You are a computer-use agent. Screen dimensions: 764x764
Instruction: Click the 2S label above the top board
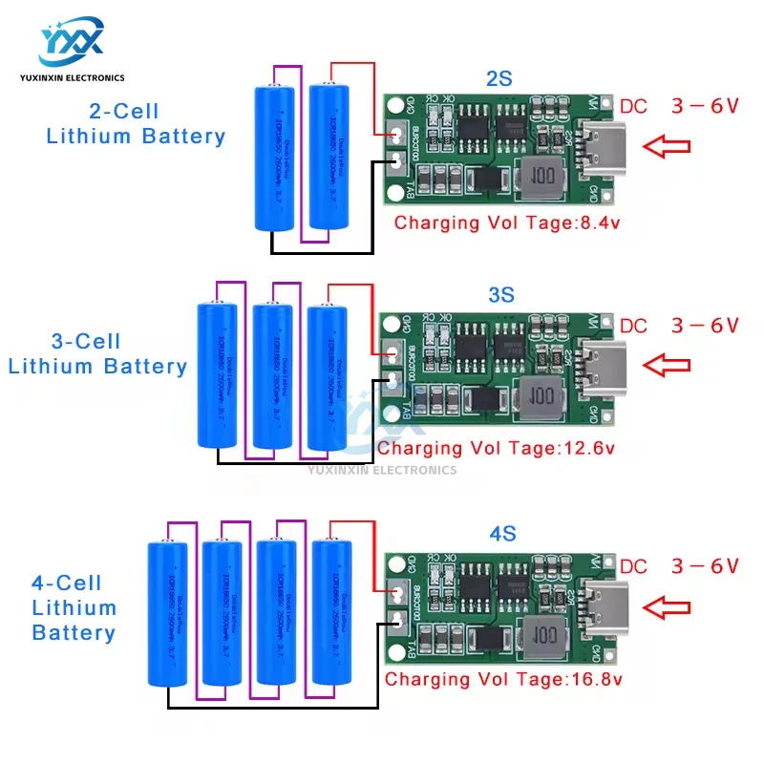pyautogui.click(x=499, y=79)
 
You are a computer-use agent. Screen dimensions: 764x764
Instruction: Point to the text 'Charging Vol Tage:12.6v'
pyautogui.click(x=497, y=448)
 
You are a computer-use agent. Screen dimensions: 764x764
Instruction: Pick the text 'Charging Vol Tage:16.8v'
pyautogui.click(x=503, y=679)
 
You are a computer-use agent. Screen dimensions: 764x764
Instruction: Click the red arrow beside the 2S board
pyautogui.click(x=667, y=146)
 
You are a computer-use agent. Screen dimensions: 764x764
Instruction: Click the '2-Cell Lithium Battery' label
pyautogui.click(x=136, y=123)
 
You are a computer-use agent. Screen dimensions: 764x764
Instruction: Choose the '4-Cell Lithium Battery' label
pyautogui.click(x=74, y=607)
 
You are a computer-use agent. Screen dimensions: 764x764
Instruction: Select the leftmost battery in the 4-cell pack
pyautogui.click(x=172, y=613)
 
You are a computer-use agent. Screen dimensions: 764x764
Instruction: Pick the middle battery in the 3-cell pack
pyautogui.click(x=273, y=375)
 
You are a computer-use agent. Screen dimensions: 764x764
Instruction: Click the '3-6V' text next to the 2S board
pyautogui.click(x=705, y=106)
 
